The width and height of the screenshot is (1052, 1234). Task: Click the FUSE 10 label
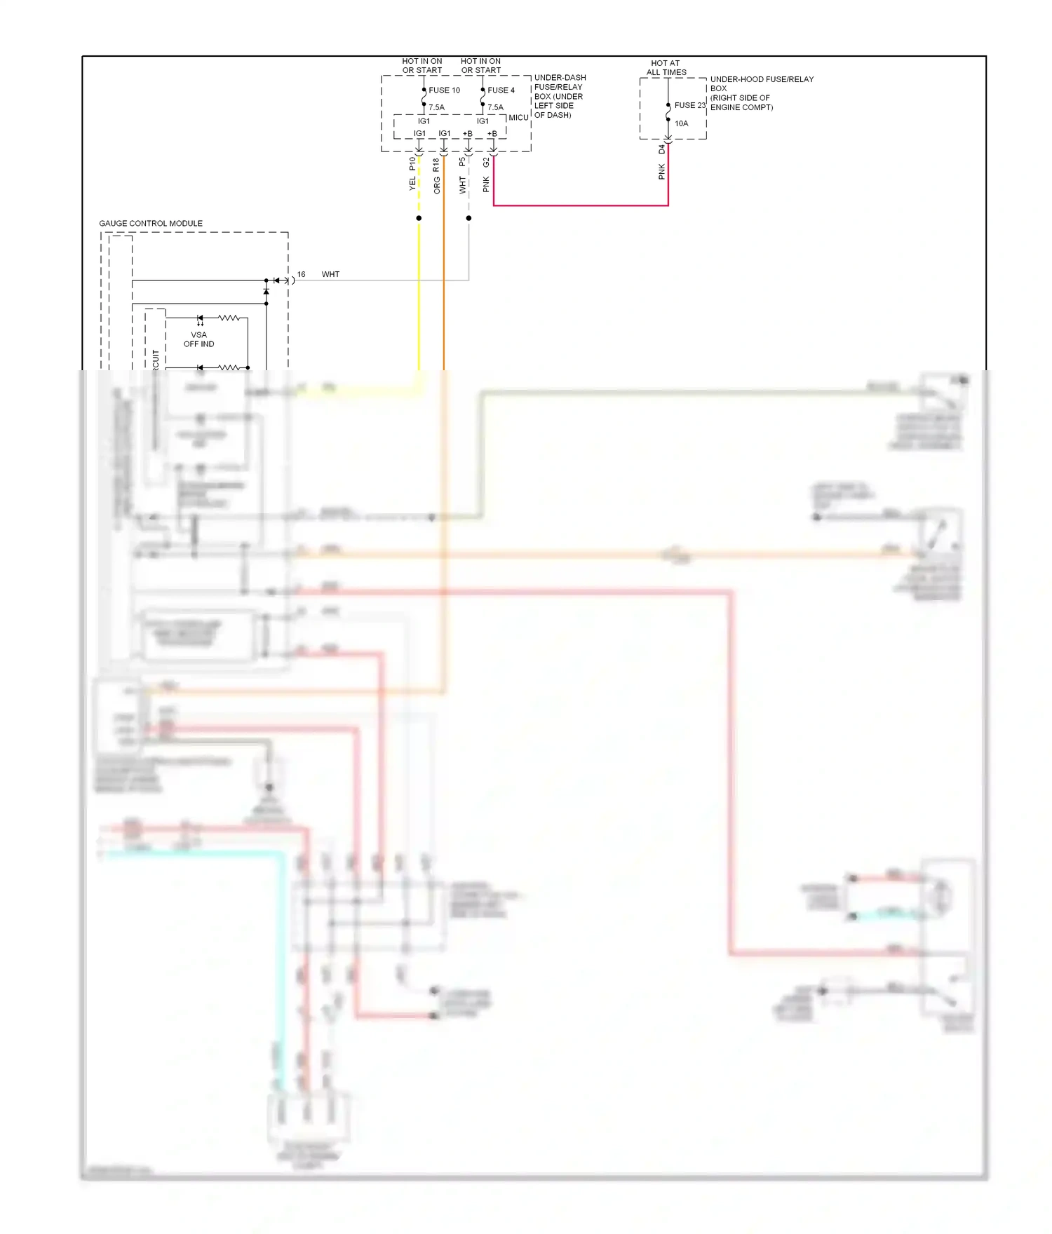pyautogui.click(x=444, y=90)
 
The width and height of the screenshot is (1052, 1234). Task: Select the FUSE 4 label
pyautogui.click(x=501, y=90)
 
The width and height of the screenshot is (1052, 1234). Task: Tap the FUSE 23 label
pyautogui.click(x=689, y=106)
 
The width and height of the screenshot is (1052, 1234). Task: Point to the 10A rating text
pyautogui.click(x=681, y=123)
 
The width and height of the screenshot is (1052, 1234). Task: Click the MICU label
pyautogui.click(x=518, y=118)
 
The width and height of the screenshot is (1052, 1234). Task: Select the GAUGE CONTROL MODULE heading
pyautogui.click(x=151, y=224)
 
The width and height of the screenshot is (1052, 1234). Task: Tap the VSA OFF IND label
pyautogui.click(x=198, y=339)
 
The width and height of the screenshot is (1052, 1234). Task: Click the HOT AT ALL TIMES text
pyautogui.click(x=666, y=68)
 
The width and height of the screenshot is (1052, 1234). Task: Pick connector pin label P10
pyautogui.click(x=412, y=164)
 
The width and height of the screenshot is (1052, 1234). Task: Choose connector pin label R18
pyautogui.click(x=436, y=165)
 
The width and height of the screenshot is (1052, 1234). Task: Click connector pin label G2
pyautogui.click(x=486, y=163)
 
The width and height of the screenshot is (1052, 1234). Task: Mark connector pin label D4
pyautogui.click(x=661, y=150)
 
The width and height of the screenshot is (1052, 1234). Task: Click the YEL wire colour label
pyautogui.click(x=412, y=183)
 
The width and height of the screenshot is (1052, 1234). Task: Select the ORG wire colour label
pyautogui.click(x=436, y=185)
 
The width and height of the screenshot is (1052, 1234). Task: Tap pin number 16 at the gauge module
pyautogui.click(x=301, y=275)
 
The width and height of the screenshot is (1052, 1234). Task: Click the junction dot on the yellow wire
pyautogui.click(x=419, y=218)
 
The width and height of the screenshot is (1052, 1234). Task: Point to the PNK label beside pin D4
pyautogui.click(x=661, y=172)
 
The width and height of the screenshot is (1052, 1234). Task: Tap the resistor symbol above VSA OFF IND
pyautogui.click(x=229, y=318)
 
